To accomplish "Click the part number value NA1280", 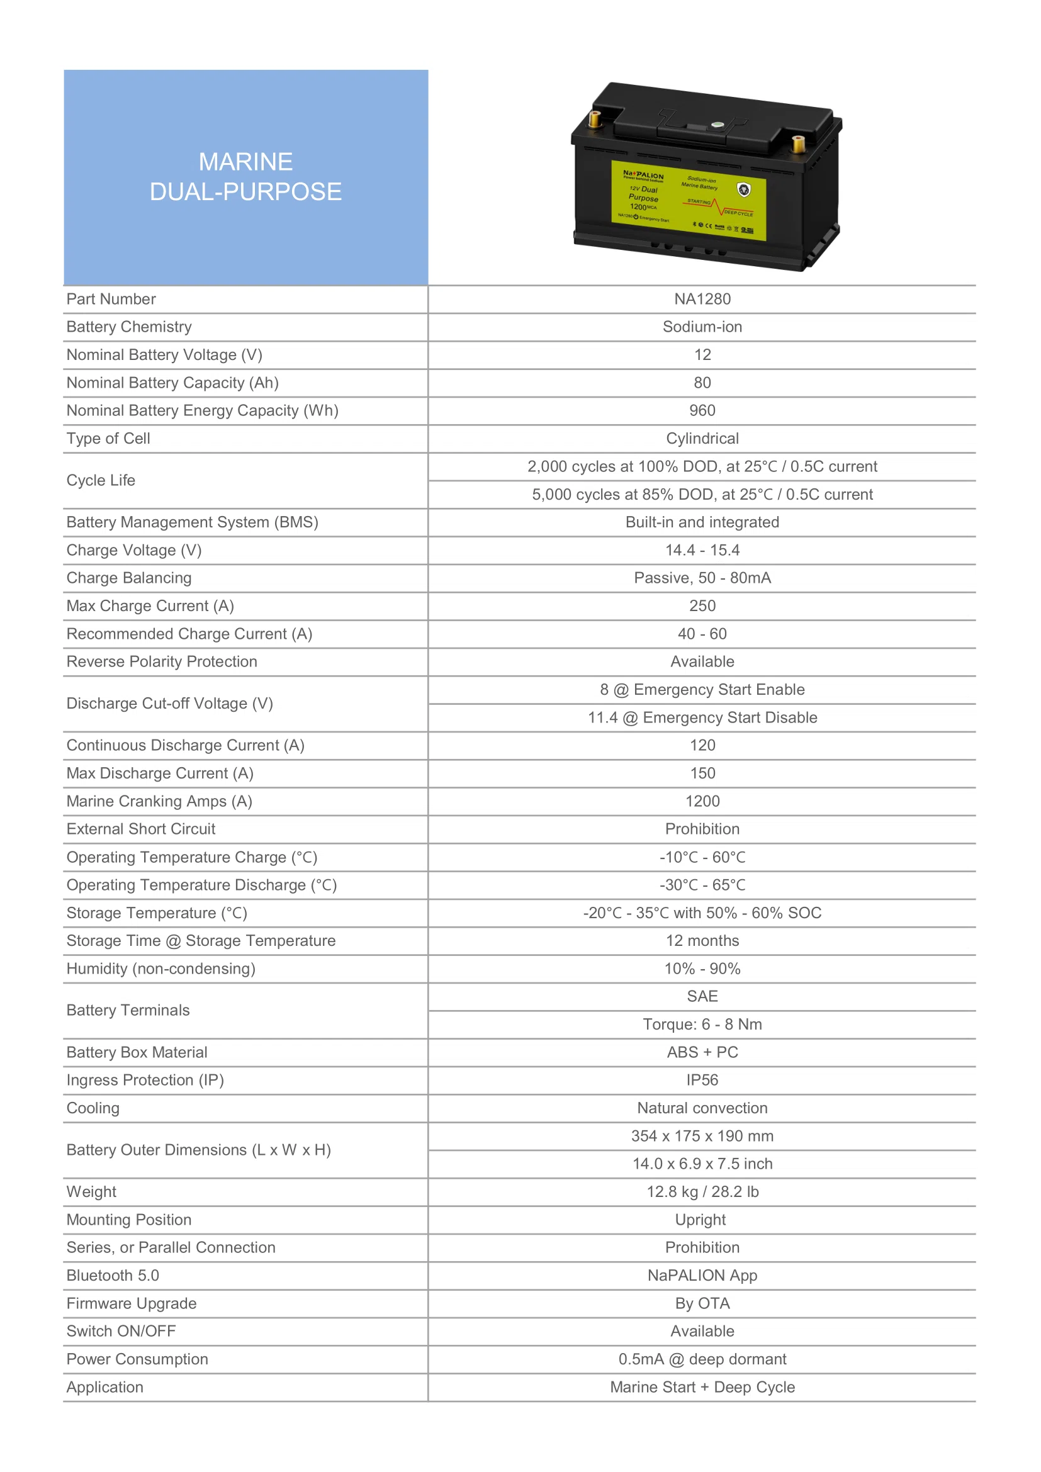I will [x=702, y=299].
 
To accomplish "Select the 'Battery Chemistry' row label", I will [x=129, y=327].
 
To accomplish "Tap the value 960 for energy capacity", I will [x=702, y=410].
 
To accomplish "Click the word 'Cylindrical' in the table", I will [x=702, y=439].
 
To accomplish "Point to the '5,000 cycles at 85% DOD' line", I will [x=702, y=494].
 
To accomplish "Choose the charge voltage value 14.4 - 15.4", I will [x=702, y=550].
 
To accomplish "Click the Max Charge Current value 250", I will [x=702, y=606].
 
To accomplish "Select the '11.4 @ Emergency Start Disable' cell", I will [x=702, y=717].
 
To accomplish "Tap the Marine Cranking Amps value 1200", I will [x=702, y=801].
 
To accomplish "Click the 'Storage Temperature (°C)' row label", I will [x=157, y=913].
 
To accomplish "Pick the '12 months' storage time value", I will [x=702, y=940].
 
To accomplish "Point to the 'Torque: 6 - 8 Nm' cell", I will [x=702, y=1025].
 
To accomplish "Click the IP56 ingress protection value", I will [x=702, y=1081].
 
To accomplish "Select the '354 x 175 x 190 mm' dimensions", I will [x=702, y=1136].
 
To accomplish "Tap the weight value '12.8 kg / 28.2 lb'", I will [x=702, y=1192].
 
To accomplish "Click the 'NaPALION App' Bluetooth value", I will [x=702, y=1275].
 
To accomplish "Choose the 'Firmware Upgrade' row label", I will [x=132, y=1303].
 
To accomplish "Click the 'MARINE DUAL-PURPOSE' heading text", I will [x=245, y=176].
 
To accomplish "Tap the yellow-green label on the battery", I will [x=688, y=200].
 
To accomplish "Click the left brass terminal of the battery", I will [x=594, y=119].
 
